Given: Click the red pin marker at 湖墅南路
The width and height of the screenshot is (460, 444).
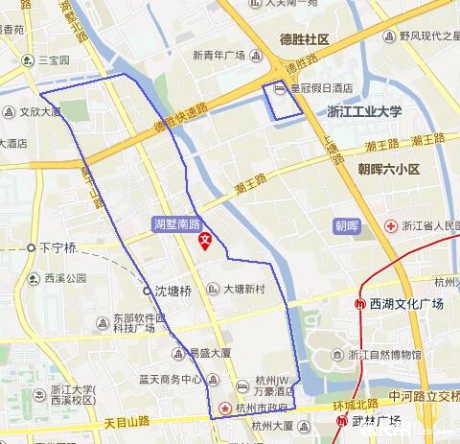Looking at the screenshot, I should pos(204,240).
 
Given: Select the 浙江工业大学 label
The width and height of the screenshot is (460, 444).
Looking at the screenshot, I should pos(363,111).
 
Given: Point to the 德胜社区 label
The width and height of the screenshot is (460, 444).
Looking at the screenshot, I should pos(305,40).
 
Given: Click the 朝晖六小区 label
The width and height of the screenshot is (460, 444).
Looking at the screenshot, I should pos(389,169).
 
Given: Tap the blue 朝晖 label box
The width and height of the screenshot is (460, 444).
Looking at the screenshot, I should pos(346,226).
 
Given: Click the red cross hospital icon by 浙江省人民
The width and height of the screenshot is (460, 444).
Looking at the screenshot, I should pos(391,226).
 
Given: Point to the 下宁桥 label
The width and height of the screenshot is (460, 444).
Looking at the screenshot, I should pos(57,247).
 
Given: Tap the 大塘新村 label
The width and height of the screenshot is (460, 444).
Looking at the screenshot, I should pos(244,289).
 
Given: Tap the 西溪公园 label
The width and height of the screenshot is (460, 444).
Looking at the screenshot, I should pos(65,278).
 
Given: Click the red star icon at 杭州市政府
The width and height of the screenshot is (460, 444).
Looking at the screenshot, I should pos(225,408).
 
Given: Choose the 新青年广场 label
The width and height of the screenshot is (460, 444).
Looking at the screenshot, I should pos(219,55).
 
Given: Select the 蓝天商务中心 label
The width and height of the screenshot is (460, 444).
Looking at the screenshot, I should pos(172,379).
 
